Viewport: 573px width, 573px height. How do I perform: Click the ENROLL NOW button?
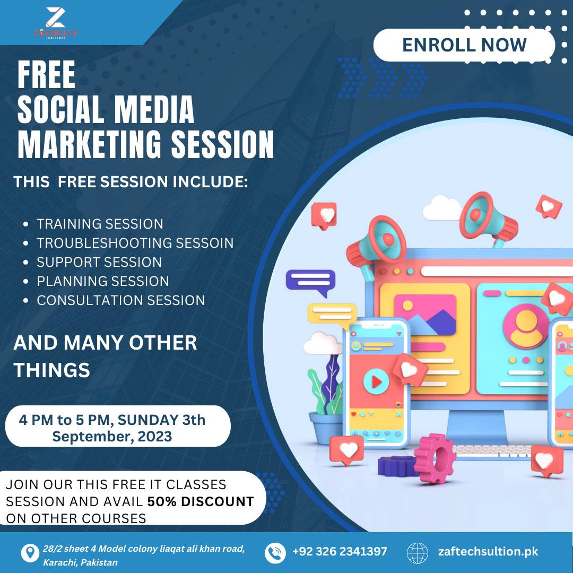tap(464, 45)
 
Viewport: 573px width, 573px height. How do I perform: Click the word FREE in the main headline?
tap(46, 75)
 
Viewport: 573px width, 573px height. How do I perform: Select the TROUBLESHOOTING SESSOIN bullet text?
tap(135, 243)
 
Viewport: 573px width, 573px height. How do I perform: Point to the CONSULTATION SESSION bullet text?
tap(121, 300)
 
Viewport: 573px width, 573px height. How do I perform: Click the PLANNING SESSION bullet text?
tap(103, 281)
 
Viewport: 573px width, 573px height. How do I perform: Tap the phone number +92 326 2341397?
tap(340, 551)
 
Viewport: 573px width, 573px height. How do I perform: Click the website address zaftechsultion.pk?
tap(488, 551)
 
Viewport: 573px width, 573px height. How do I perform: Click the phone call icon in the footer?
tap(275, 553)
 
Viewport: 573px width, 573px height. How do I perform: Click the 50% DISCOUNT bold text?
tap(201, 501)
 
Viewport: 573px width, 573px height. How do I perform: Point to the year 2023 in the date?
tap(154, 436)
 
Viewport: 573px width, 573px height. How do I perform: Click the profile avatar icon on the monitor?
tap(525, 326)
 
